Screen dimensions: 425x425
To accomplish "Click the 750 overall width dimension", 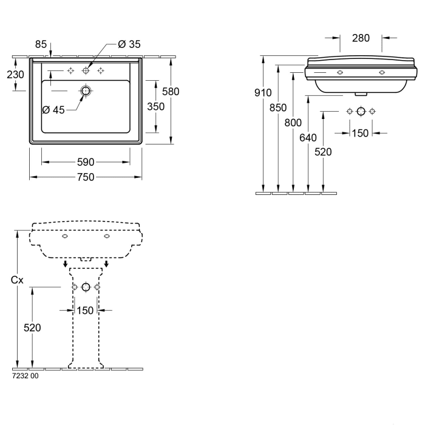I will pos(86,177).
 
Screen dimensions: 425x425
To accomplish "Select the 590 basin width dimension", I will pos(86,162).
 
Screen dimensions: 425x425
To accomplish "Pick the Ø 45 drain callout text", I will pos(54,110).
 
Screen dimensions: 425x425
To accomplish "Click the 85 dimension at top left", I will pos(41,44).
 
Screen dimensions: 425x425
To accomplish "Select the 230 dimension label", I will pos(15,75).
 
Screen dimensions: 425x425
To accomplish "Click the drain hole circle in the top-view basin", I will pos(85,92).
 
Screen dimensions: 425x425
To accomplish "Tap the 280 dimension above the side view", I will pos(361,38).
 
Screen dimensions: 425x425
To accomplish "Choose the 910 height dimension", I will pos(263,93).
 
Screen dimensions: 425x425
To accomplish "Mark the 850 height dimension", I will pos(278,108).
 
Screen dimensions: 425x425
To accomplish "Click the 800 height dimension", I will pos(293,123).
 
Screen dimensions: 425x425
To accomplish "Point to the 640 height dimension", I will pos(308,138).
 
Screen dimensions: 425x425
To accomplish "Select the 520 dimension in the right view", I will pos(323,152).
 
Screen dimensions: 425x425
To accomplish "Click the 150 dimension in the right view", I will pos(361,132).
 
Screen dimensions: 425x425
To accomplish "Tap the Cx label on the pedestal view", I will pos(18,280).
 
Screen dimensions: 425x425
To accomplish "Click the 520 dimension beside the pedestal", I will pos(32,327).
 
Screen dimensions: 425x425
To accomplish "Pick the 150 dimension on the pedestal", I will pos(86,310).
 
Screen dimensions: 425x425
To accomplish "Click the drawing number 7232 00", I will pos(25,376).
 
